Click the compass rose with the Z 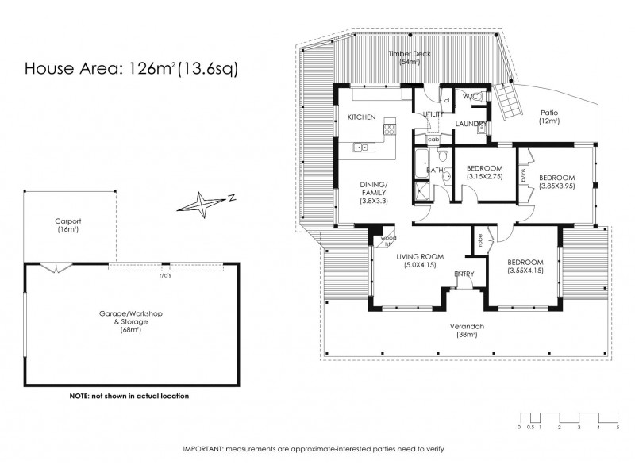[x=203, y=204]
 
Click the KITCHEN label [x=361, y=117]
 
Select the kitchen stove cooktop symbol [x=389, y=128]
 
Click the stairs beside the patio [x=508, y=102]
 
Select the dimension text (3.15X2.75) [x=483, y=178]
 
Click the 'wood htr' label [x=388, y=240]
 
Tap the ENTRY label [x=464, y=274]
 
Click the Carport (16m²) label [x=69, y=225]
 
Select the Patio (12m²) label [x=548, y=117]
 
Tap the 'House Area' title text [x=73, y=69]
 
